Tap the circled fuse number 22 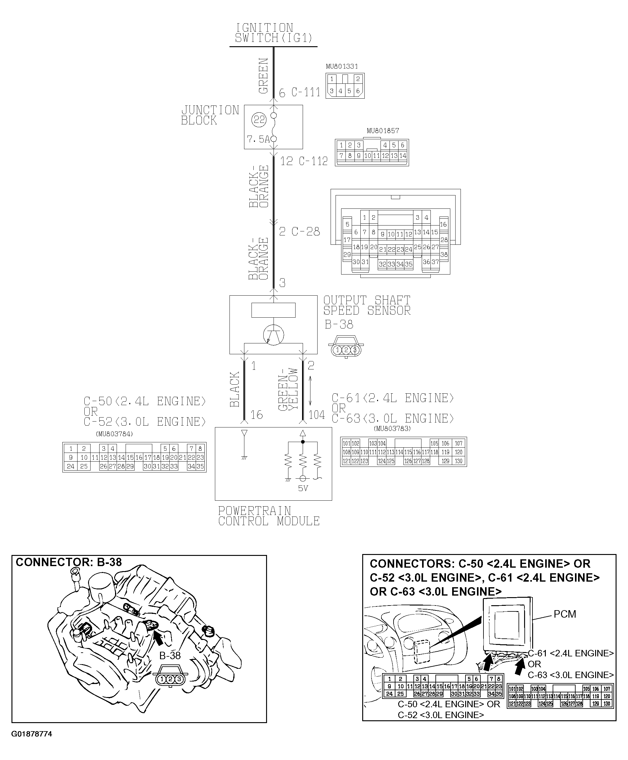point(259,119)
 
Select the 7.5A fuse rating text point(258,139)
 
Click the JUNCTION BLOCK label point(210,115)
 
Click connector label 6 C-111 point(300,93)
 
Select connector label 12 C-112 point(304,161)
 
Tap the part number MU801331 point(342,67)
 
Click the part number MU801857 point(383,131)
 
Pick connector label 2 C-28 point(300,232)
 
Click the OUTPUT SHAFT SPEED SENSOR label point(367,306)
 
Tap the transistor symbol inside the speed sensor point(274,335)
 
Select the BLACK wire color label point(235,389)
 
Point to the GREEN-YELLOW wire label point(288,389)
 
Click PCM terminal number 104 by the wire point(317,415)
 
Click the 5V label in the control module point(303,489)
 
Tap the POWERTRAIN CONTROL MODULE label point(269,516)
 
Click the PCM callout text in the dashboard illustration point(565,614)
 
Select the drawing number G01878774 point(32,734)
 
